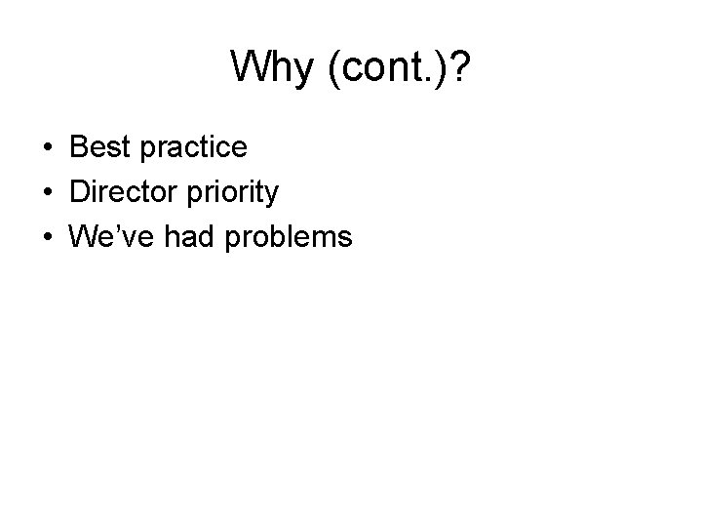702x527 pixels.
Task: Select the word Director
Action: click(x=119, y=191)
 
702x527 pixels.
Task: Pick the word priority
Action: click(x=228, y=193)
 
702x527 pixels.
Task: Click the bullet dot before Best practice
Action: click(x=47, y=148)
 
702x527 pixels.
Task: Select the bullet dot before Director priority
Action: click(x=47, y=192)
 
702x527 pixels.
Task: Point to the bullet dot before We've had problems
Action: click(x=47, y=236)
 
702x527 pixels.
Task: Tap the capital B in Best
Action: click(x=78, y=147)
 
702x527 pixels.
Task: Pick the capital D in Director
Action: click(x=79, y=191)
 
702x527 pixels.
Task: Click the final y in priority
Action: click(x=272, y=195)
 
